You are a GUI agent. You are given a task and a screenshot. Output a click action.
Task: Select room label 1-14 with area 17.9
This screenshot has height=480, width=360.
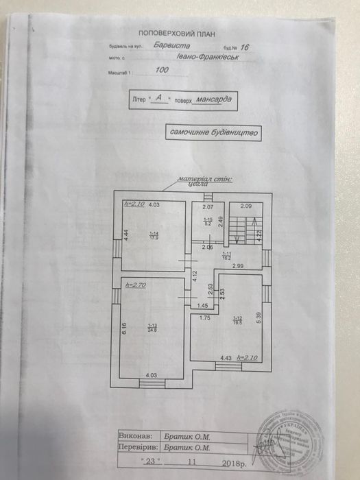click(154, 236)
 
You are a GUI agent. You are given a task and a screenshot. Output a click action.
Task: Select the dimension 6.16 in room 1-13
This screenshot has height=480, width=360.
click(125, 328)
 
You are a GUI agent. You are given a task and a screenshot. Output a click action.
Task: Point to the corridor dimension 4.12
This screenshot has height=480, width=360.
click(194, 277)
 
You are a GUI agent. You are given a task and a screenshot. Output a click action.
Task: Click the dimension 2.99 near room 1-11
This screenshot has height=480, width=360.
click(237, 265)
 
